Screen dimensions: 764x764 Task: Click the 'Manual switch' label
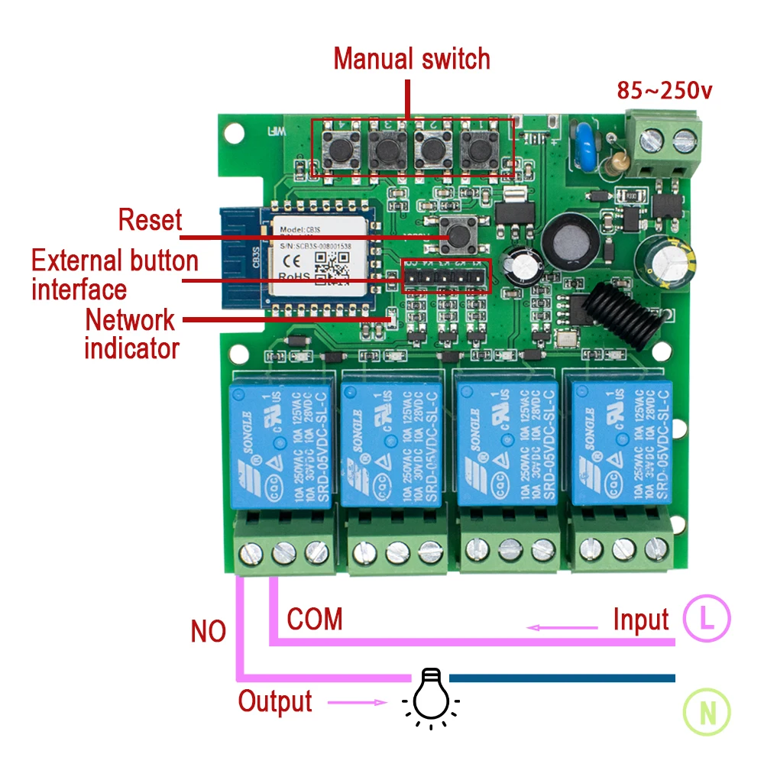412,58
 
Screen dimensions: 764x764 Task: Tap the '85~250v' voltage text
665,90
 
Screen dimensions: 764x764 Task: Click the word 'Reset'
150,220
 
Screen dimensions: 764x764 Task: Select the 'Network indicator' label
131,333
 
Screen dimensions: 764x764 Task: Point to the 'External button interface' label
115,274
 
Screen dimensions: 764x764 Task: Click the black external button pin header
446,276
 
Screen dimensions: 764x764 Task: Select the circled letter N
707,714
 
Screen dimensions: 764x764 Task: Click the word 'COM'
315,619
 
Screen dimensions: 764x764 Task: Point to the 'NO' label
209,632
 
